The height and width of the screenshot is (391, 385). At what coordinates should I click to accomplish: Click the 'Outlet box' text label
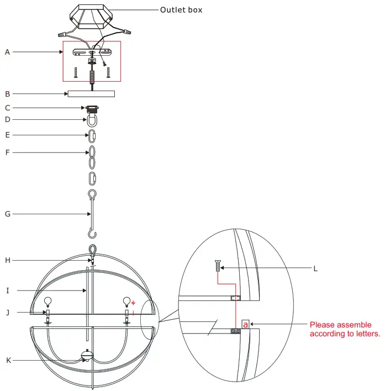pos(181,10)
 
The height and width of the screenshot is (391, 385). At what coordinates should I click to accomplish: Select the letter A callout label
pos(7,52)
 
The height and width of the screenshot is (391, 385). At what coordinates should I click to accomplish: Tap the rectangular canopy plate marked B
pos(91,93)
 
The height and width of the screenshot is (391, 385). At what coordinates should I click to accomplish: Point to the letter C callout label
pos(7,108)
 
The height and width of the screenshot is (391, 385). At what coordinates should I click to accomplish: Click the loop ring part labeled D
pos(92,120)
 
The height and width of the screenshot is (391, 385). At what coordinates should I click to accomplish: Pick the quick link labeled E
pos(93,135)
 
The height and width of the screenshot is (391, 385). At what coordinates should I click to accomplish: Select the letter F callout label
pos(7,152)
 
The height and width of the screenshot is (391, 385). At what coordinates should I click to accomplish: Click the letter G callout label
pos(7,214)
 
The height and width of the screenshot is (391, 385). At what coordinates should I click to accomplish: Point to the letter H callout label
pos(7,260)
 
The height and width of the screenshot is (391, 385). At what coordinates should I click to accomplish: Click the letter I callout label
pos(7,289)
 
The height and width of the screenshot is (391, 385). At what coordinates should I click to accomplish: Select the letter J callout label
pos(7,313)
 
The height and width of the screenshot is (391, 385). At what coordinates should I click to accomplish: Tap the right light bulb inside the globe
pos(127,302)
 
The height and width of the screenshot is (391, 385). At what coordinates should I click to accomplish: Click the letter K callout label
pos(7,361)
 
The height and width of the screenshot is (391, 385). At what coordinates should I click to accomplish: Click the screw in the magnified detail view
pos(218,267)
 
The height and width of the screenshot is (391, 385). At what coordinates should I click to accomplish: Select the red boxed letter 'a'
pos(246,324)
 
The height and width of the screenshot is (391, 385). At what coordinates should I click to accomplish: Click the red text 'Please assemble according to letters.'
pos(345,329)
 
